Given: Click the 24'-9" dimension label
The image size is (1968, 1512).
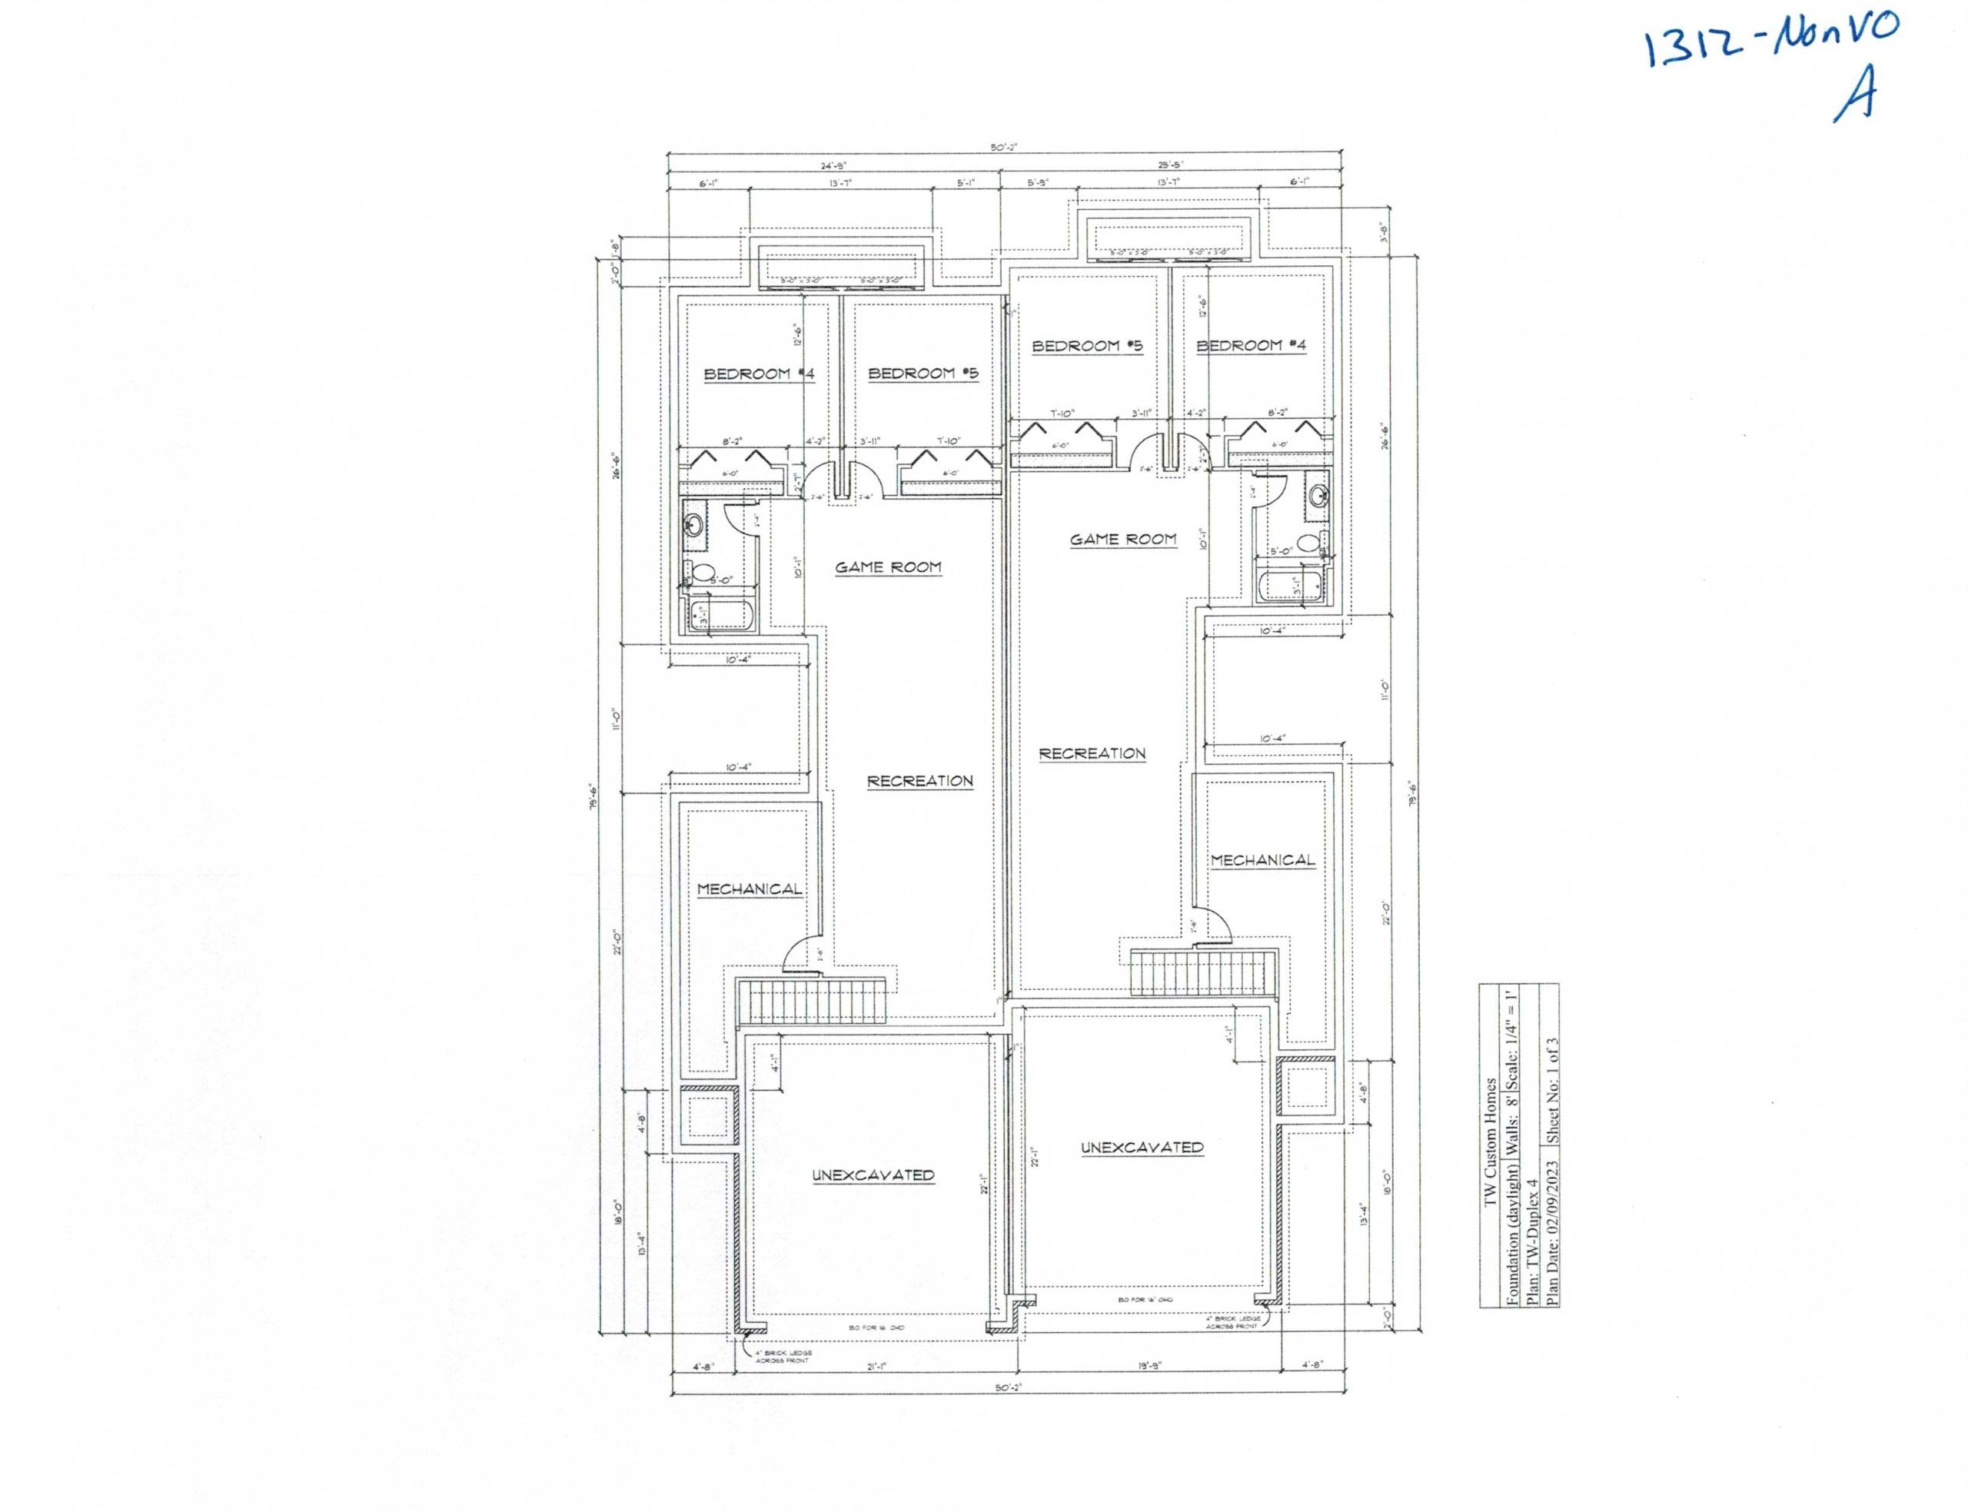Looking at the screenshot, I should click(x=833, y=165).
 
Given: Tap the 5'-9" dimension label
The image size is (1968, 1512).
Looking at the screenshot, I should click(x=1039, y=183).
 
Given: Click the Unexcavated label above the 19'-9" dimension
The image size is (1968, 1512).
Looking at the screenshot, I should click(x=1141, y=1148).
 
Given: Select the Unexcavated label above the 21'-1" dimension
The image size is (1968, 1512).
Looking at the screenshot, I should click(x=873, y=1175).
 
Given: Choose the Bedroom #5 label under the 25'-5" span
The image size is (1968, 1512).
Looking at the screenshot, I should click(x=1087, y=346).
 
